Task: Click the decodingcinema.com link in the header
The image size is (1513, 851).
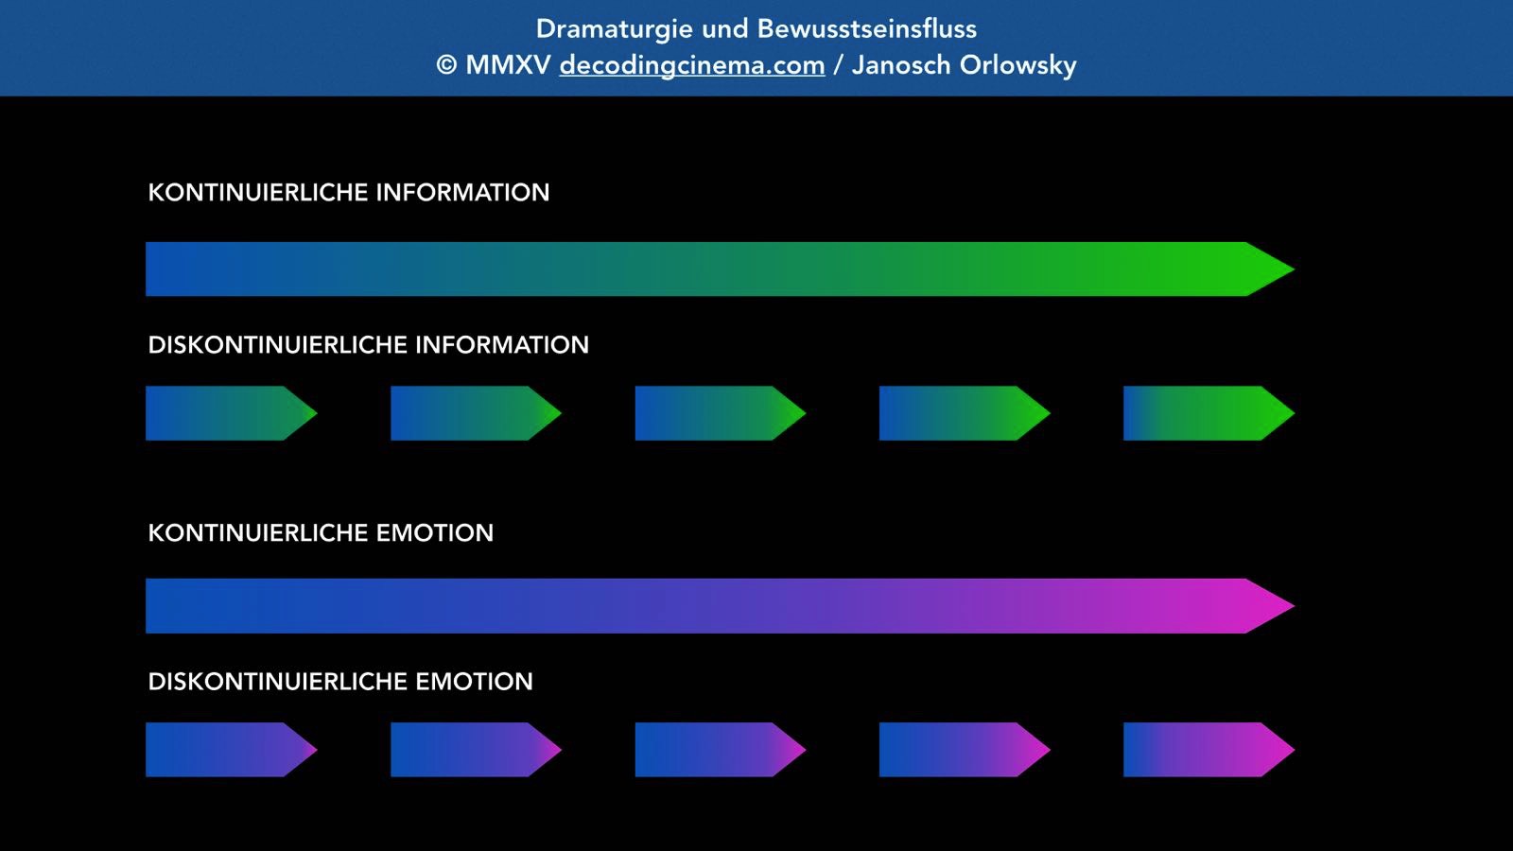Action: click(x=691, y=65)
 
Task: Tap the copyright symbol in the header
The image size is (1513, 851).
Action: click(x=446, y=65)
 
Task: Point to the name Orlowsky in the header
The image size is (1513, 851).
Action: click(x=1017, y=65)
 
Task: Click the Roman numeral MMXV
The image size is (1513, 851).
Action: click(x=508, y=65)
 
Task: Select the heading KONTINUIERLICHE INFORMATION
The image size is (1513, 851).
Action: click(x=348, y=193)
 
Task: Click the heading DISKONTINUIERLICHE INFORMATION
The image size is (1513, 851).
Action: click(x=368, y=345)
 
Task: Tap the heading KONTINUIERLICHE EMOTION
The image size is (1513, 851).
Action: click(x=321, y=533)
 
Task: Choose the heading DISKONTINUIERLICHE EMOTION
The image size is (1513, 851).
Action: click(x=340, y=682)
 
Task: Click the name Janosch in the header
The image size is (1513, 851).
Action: click(x=901, y=65)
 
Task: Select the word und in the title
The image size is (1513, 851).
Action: click(x=724, y=29)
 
